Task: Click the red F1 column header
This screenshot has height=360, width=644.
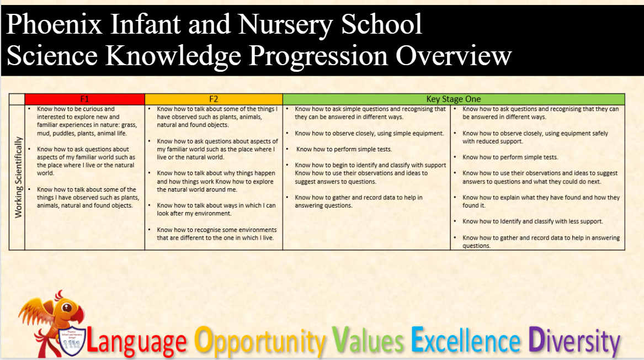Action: point(84,99)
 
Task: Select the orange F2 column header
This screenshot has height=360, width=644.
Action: point(214,99)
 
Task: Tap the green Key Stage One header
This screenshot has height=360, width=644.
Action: point(454,99)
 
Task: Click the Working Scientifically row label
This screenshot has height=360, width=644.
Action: point(18,177)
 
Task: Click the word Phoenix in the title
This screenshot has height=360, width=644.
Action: point(54,24)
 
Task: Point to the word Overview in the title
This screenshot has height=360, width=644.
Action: point(454,55)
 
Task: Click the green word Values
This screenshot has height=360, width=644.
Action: point(368,340)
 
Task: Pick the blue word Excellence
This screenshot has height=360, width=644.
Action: point(466,340)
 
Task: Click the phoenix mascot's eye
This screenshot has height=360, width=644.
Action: point(67,308)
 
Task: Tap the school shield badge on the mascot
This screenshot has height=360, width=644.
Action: point(72,340)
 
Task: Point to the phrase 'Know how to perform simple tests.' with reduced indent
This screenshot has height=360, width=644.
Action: point(510,157)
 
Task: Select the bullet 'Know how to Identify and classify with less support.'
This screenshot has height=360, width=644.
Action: point(533,221)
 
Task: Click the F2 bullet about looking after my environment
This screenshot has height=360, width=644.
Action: point(216,209)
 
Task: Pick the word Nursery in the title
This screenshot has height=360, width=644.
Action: point(285,25)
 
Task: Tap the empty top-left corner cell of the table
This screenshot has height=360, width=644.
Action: point(17,99)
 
